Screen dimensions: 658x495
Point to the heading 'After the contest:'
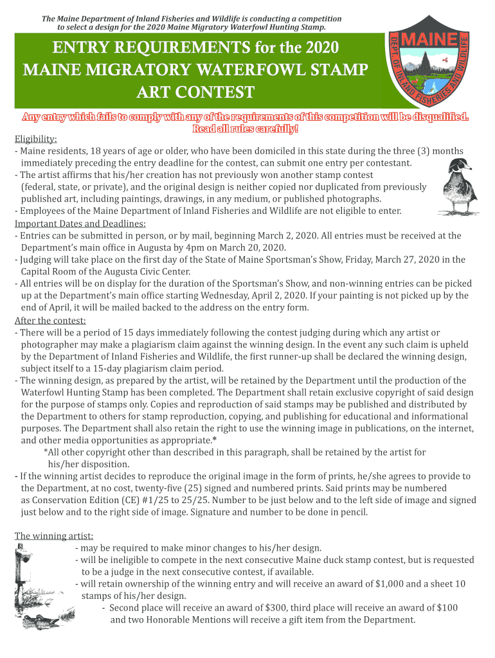(50, 321)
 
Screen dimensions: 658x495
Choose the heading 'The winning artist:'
(53, 536)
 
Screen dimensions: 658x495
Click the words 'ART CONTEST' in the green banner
(195, 93)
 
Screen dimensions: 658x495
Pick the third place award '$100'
(447, 608)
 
